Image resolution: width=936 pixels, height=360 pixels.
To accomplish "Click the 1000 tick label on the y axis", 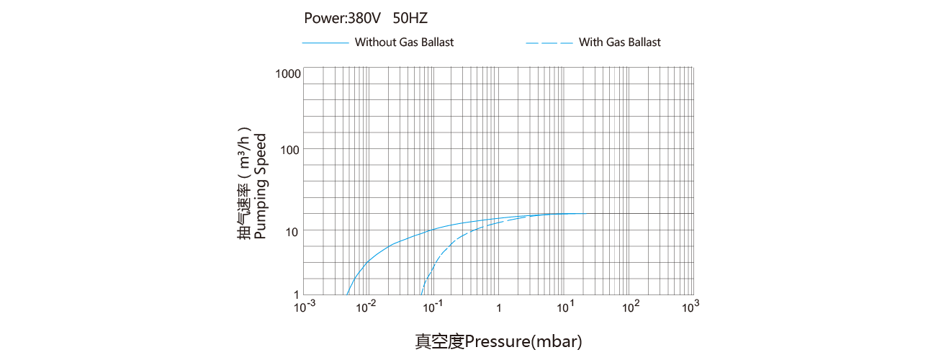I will tap(287, 73).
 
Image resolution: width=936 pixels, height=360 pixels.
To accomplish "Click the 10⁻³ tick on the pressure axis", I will tap(306, 307).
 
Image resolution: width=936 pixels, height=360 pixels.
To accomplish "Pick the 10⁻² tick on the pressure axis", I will tap(366, 307).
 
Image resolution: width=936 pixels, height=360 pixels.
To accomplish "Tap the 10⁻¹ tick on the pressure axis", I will tap(433, 307).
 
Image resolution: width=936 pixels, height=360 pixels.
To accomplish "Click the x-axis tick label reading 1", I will tap(499, 308).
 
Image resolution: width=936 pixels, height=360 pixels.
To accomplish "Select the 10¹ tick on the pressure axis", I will tap(565, 307).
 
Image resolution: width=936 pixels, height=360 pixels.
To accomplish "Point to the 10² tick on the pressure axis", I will tap(631, 307).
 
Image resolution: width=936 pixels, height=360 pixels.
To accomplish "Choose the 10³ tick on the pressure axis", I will tap(690, 307).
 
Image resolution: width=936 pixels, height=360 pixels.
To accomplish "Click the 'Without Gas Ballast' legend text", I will tap(404, 42).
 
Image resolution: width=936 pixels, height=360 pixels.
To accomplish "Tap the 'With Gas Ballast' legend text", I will tap(619, 42).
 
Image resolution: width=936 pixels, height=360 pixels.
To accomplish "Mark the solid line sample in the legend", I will tap(325, 43).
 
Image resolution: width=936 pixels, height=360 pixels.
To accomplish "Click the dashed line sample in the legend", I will tap(549, 43).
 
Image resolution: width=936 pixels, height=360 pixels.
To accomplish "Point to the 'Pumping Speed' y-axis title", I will tap(261, 186).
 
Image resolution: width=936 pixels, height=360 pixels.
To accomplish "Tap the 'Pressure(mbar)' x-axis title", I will tap(523, 341).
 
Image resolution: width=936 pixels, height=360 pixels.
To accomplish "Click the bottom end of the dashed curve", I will tap(420, 294).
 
